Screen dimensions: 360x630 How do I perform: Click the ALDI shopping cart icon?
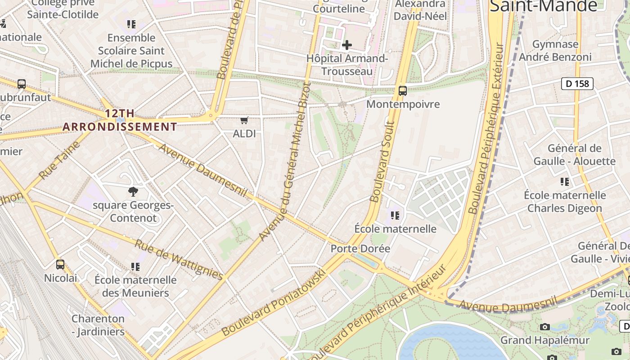coord(244,120)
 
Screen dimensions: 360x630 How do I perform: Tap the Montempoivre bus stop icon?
coord(403,91)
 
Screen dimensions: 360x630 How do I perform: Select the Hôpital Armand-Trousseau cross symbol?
coord(347,45)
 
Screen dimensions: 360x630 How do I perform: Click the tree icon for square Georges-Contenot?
coord(133,192)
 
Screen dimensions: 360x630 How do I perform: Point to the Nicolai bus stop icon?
coord(60,265)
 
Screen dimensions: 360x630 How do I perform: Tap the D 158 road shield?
coord(577,83)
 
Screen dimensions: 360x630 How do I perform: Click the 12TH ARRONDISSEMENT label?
coord(120,120)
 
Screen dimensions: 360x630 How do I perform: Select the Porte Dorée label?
coord(360,248)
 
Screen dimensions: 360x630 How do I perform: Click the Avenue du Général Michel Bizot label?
coord(292,148)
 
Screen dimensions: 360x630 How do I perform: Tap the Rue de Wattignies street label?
coord(179,260)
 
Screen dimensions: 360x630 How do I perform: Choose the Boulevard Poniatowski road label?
coord(273,303)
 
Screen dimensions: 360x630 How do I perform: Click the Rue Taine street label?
coord(59,160)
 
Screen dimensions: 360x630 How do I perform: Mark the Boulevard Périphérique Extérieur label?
coord(486,128)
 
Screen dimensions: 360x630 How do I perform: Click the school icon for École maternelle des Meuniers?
coord(135,267)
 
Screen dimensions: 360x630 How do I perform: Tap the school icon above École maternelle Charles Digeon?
coord(565,182)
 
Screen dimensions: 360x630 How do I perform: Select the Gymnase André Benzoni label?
coord(555,50)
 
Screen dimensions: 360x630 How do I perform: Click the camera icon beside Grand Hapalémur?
coord(545,327)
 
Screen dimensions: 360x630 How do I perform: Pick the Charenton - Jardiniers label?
coord(98,325)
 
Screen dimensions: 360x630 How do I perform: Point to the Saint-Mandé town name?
coord(543,6)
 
